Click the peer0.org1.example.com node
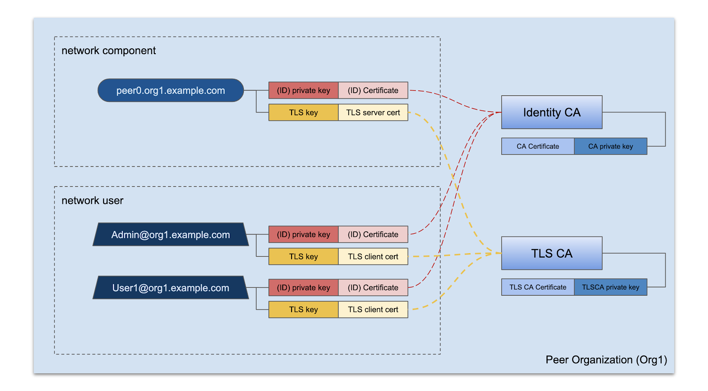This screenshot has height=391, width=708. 170,90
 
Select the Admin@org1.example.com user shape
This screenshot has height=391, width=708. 170,235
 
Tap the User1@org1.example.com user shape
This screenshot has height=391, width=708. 170,288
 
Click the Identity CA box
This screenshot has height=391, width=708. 551,112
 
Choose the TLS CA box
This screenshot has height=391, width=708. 551,253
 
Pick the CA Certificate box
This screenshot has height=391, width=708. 538,146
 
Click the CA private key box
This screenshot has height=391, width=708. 610,146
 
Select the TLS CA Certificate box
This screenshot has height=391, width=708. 538,287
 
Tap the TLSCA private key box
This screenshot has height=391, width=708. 610,287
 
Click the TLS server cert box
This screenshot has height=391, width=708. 373,113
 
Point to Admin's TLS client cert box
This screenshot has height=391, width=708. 373,257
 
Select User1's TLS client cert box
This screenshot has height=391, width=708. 373,309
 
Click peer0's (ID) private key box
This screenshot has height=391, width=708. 304,90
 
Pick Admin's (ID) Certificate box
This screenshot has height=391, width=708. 373,235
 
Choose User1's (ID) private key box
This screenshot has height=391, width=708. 304,288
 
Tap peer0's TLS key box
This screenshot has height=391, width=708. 304,113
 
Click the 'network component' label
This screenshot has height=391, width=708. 108,51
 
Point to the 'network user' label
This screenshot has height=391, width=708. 92,200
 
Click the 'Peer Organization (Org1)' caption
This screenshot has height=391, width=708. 606,360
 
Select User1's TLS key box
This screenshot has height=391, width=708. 304,309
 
